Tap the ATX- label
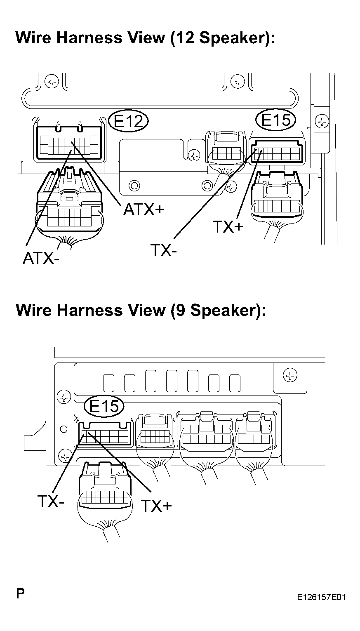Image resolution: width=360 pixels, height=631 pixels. point(41,258)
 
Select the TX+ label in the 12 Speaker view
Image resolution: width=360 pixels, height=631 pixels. point(228,226)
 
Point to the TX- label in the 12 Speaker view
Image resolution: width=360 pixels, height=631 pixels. point(164,250)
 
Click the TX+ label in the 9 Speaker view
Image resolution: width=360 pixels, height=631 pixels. point(156,506)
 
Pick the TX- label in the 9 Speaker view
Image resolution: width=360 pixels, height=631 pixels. point(51,502)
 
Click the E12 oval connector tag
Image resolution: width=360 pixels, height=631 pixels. point(129,121)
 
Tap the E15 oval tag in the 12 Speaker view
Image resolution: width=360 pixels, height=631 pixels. point(276,120)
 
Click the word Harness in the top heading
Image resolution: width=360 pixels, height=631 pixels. point(89,38)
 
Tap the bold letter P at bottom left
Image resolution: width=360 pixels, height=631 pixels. point(20,593)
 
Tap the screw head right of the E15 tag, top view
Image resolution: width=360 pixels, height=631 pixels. point(321,122)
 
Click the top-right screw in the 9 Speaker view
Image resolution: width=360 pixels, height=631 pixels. point(290,375)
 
